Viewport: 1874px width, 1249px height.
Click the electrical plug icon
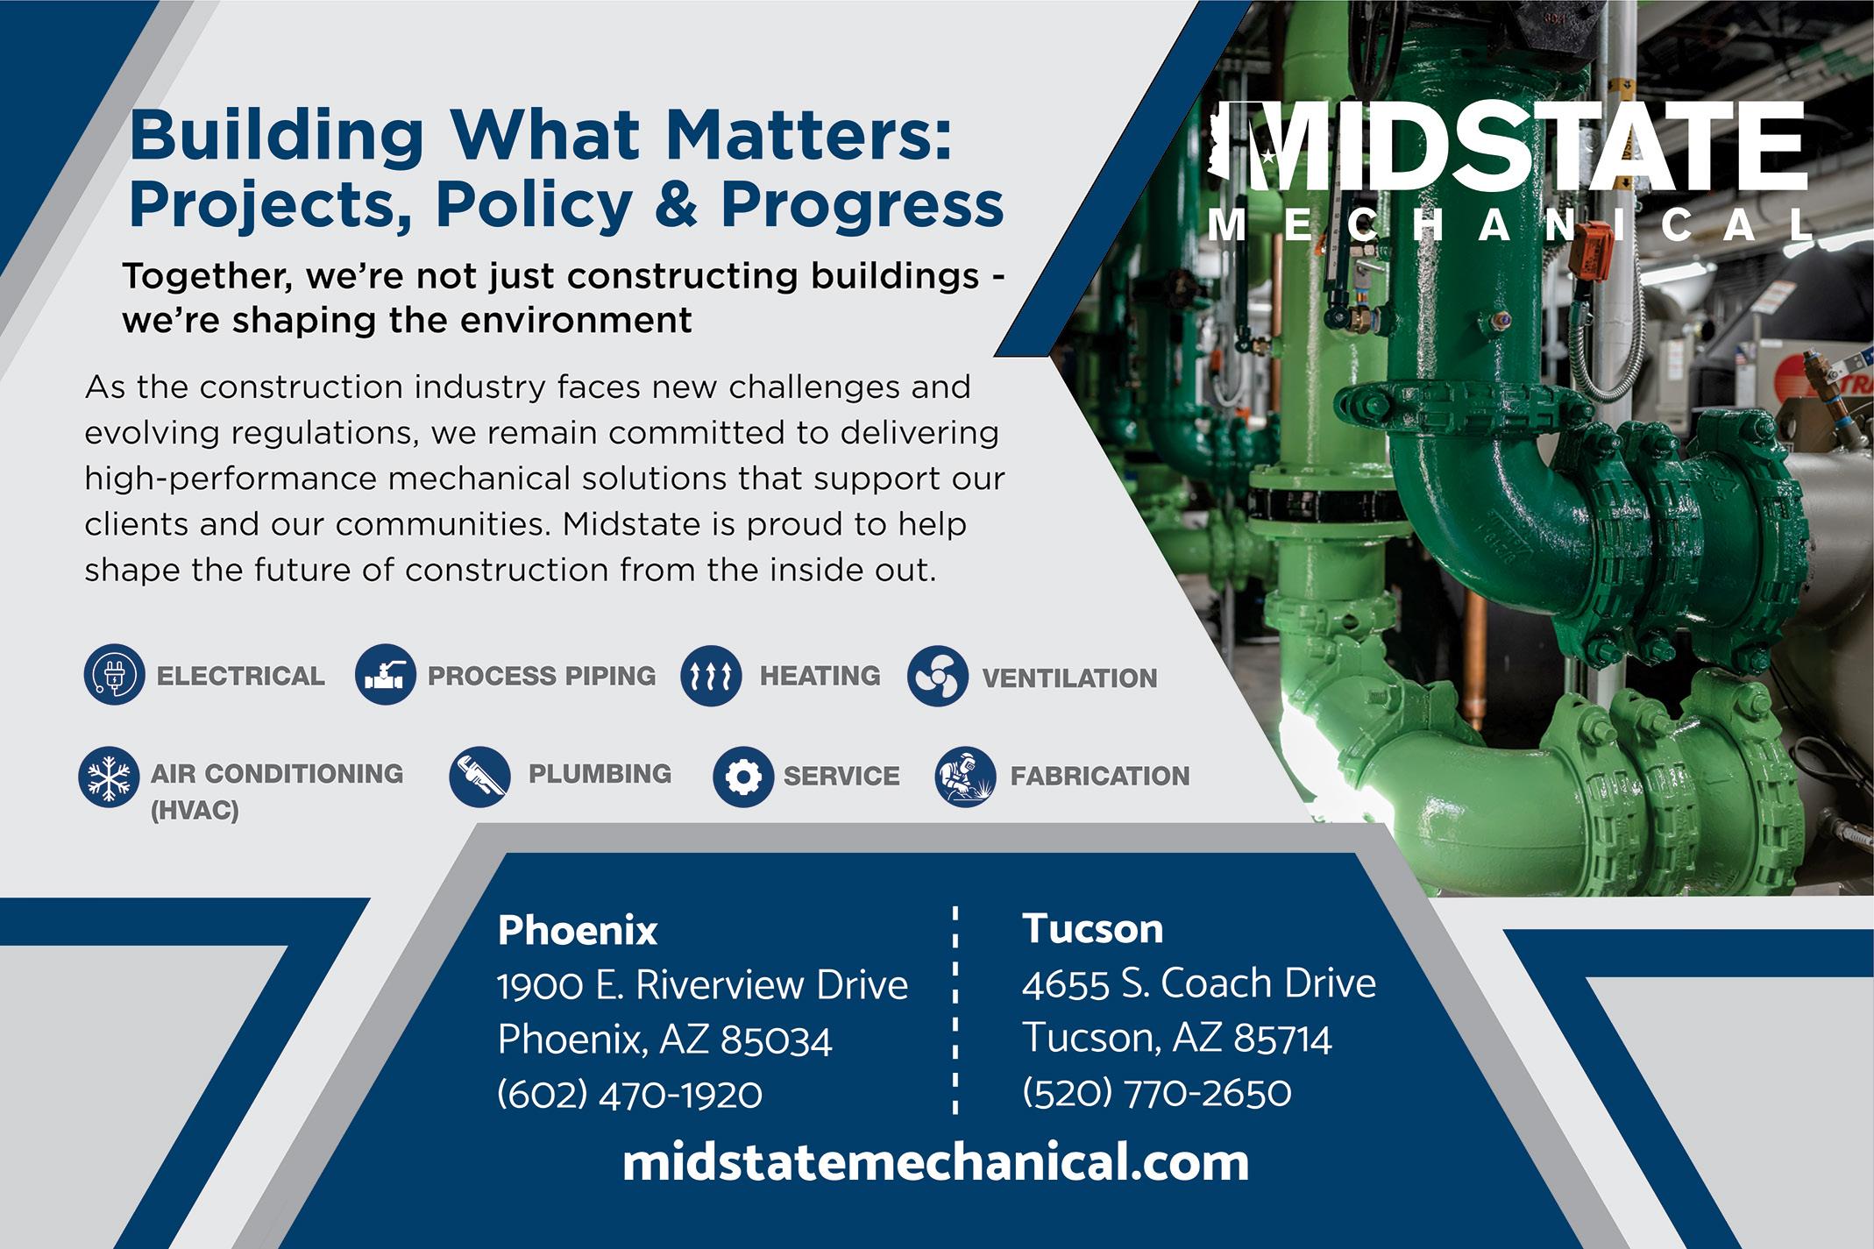[114, 675]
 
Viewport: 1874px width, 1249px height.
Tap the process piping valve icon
[386, 675]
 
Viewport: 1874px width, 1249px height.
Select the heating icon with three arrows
[711, 675]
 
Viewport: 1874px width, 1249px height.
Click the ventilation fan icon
[938, 677]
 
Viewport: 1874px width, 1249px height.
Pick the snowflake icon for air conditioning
[109, 777]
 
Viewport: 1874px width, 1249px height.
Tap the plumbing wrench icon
[479, 776]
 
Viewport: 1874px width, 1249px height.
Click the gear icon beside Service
[743, 777]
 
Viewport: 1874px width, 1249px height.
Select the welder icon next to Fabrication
[966, 777]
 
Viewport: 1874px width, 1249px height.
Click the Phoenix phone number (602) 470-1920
[629, 1095]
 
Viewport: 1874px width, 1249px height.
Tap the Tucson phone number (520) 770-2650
[1156, 1093]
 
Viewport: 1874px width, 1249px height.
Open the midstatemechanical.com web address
[935, 1163]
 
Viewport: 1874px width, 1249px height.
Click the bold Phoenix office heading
[577, 931]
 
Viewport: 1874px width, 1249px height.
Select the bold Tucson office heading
[1092, 929]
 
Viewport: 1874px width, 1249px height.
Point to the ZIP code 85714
[1282, 1040]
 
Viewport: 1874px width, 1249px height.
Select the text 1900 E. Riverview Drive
[702, 985]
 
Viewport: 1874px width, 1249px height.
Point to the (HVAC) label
[195, 812]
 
